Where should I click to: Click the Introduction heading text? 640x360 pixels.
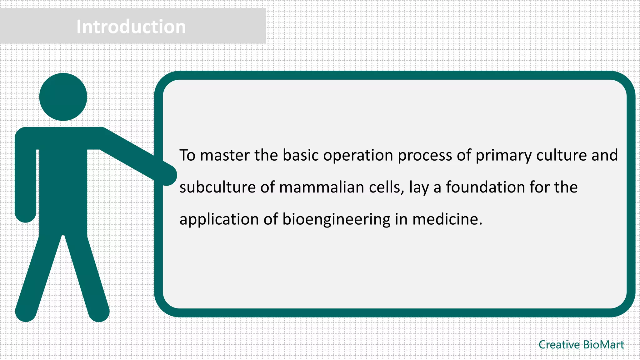tap(131, 27)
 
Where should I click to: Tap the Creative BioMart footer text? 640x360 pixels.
tap(581, 345)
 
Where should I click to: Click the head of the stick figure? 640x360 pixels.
tap(63, 97)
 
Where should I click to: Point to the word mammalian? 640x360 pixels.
tap(322, 187)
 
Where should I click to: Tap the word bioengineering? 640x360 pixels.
tap(336, 220)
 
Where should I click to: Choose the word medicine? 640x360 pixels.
tap(447, 219)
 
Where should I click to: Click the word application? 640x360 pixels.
tap(219, 220)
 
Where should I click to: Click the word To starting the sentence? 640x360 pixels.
tap(187, 155)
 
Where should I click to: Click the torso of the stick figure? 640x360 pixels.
tap(63, 187)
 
